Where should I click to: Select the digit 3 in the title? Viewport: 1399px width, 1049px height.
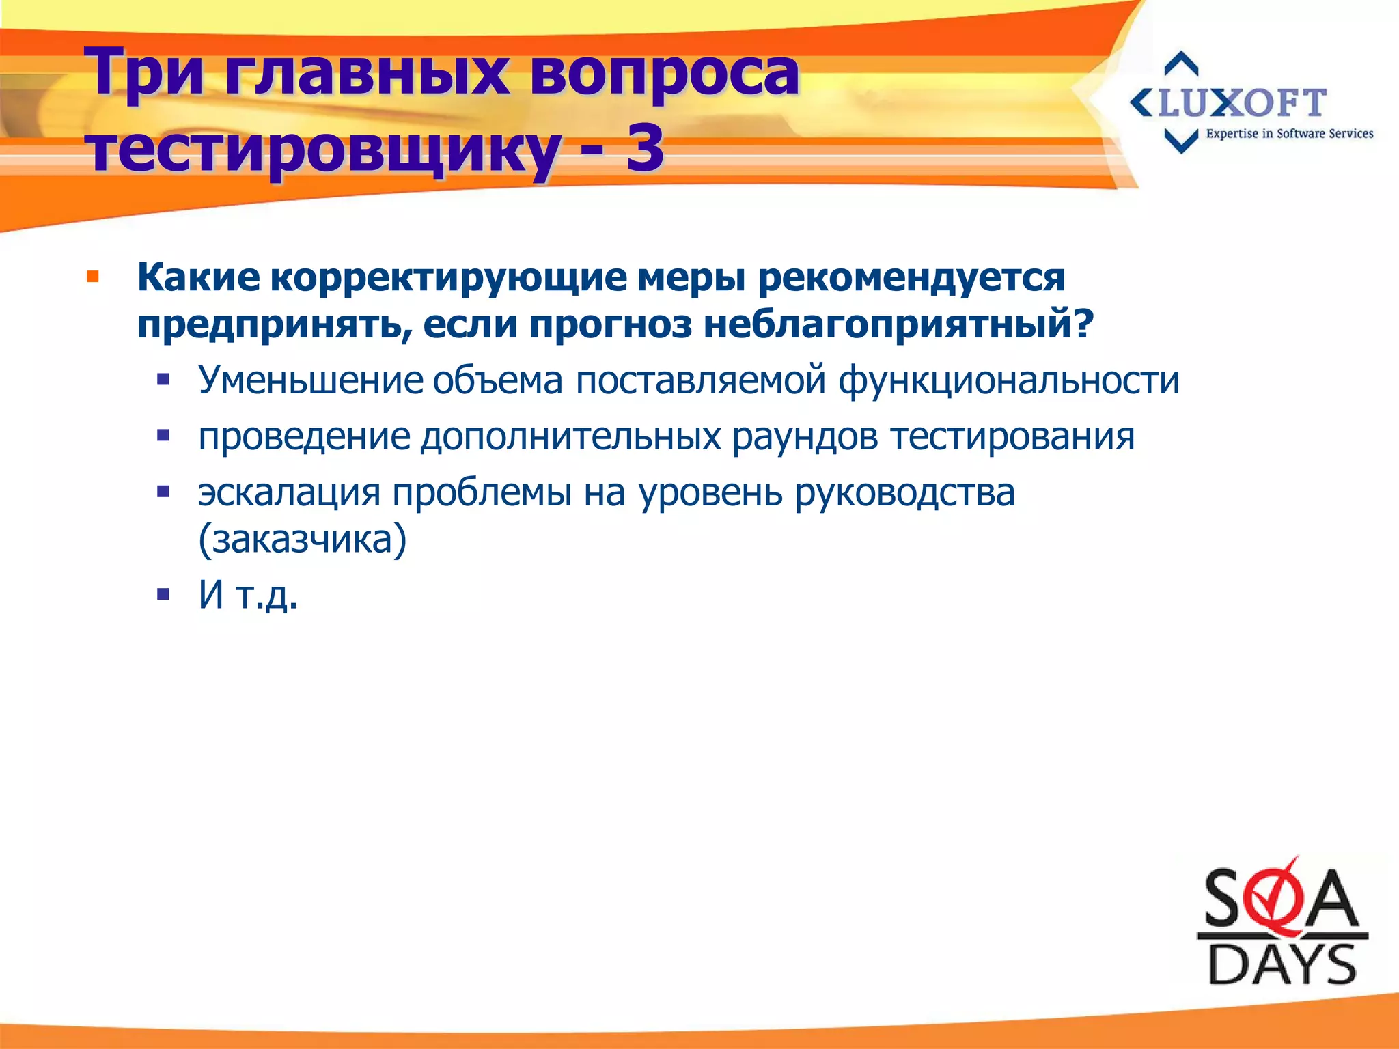(x=644, y=149)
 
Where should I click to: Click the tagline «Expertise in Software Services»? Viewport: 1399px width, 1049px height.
(x=1289, y=134)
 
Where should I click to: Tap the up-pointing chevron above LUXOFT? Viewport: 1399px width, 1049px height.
(x=1181, y=64)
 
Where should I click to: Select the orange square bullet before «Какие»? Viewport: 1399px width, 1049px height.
(x=93, y=278)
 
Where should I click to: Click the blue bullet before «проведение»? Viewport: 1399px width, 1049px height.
(x=163, y=435)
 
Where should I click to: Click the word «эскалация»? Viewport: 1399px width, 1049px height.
(x=289, y=492)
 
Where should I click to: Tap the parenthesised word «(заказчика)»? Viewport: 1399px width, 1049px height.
(x=302, y=540)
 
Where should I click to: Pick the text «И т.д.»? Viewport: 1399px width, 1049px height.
(x=248, y=594)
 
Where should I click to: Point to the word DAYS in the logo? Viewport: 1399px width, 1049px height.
(x=1282, y=964)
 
